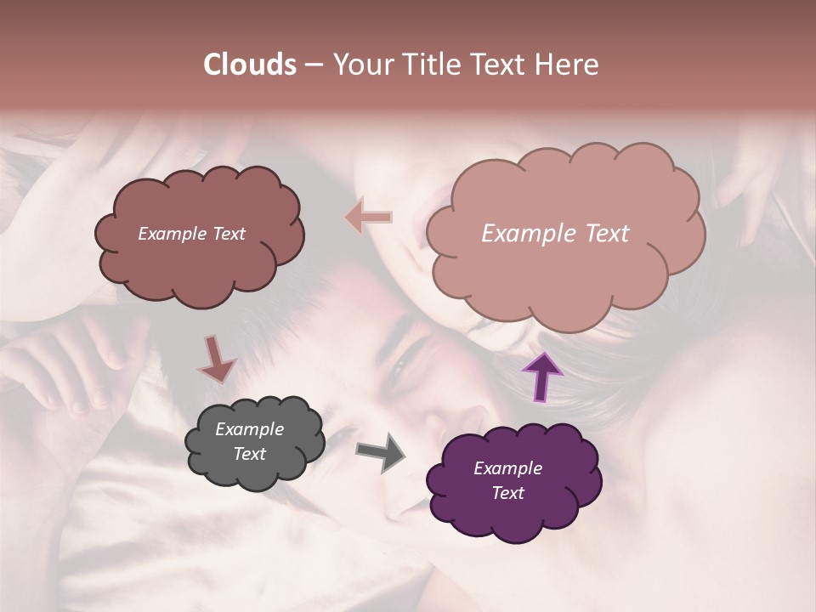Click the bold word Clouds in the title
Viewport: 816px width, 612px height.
250,65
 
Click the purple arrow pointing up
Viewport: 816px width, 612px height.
541,376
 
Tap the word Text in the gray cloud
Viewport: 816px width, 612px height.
250,454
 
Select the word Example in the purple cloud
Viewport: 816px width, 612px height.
507,468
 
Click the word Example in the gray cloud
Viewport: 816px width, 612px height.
249,429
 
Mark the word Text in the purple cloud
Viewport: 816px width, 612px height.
507,493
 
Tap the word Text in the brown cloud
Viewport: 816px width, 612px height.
228,234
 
